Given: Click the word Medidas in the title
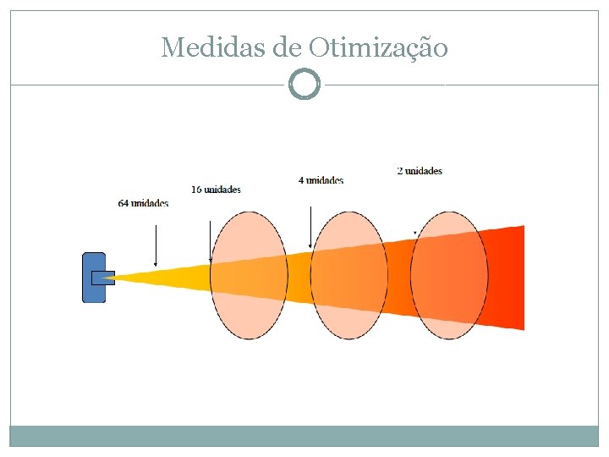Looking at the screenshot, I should (x=213, y=47).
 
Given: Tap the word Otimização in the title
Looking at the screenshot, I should (x=378, y=48).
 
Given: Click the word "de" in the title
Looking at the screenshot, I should (x=288, y=47).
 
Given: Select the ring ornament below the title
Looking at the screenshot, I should (x=304, y=85).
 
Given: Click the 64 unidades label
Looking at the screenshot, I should (x=143, y=203).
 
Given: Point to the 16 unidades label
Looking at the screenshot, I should (x=216, y=190).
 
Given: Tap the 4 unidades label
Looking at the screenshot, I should (x=321, y=180).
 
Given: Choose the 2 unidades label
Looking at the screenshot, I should (x=420, y=171).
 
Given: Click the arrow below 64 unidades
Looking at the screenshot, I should (x=156, y=246).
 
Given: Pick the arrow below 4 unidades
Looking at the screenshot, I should (x=311, y=225).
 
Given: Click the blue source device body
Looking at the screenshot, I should (x=93, y=277).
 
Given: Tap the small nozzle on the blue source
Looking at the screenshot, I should (x=103, y=277).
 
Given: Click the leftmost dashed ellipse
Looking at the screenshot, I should (x=249, y=275).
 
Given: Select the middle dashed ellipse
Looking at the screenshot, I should (x=349, y=275).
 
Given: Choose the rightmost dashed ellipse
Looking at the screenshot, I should (x=449, y=275).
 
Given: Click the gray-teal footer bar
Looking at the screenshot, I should (x=304, y=436).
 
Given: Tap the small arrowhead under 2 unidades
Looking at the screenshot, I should (x=414, y=232).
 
